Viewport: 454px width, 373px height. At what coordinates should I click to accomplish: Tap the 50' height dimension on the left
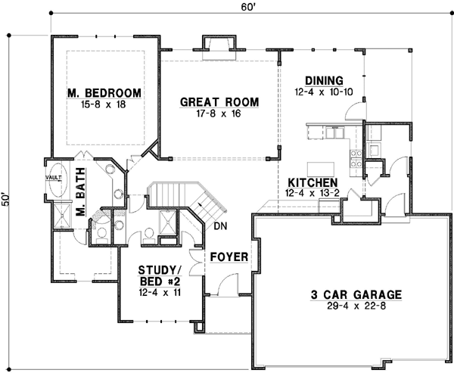[7, 199]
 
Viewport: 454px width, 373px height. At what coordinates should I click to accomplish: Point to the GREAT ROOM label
[219, 102]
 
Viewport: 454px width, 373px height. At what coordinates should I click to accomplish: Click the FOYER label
[229, 256]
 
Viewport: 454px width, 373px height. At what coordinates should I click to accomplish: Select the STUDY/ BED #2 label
[158, 275]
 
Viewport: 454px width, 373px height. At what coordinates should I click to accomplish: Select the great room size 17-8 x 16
[219, 114]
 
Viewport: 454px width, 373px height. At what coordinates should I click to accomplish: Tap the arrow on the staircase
[201, 202]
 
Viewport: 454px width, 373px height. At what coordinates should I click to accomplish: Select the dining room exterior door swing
[351, 112]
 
